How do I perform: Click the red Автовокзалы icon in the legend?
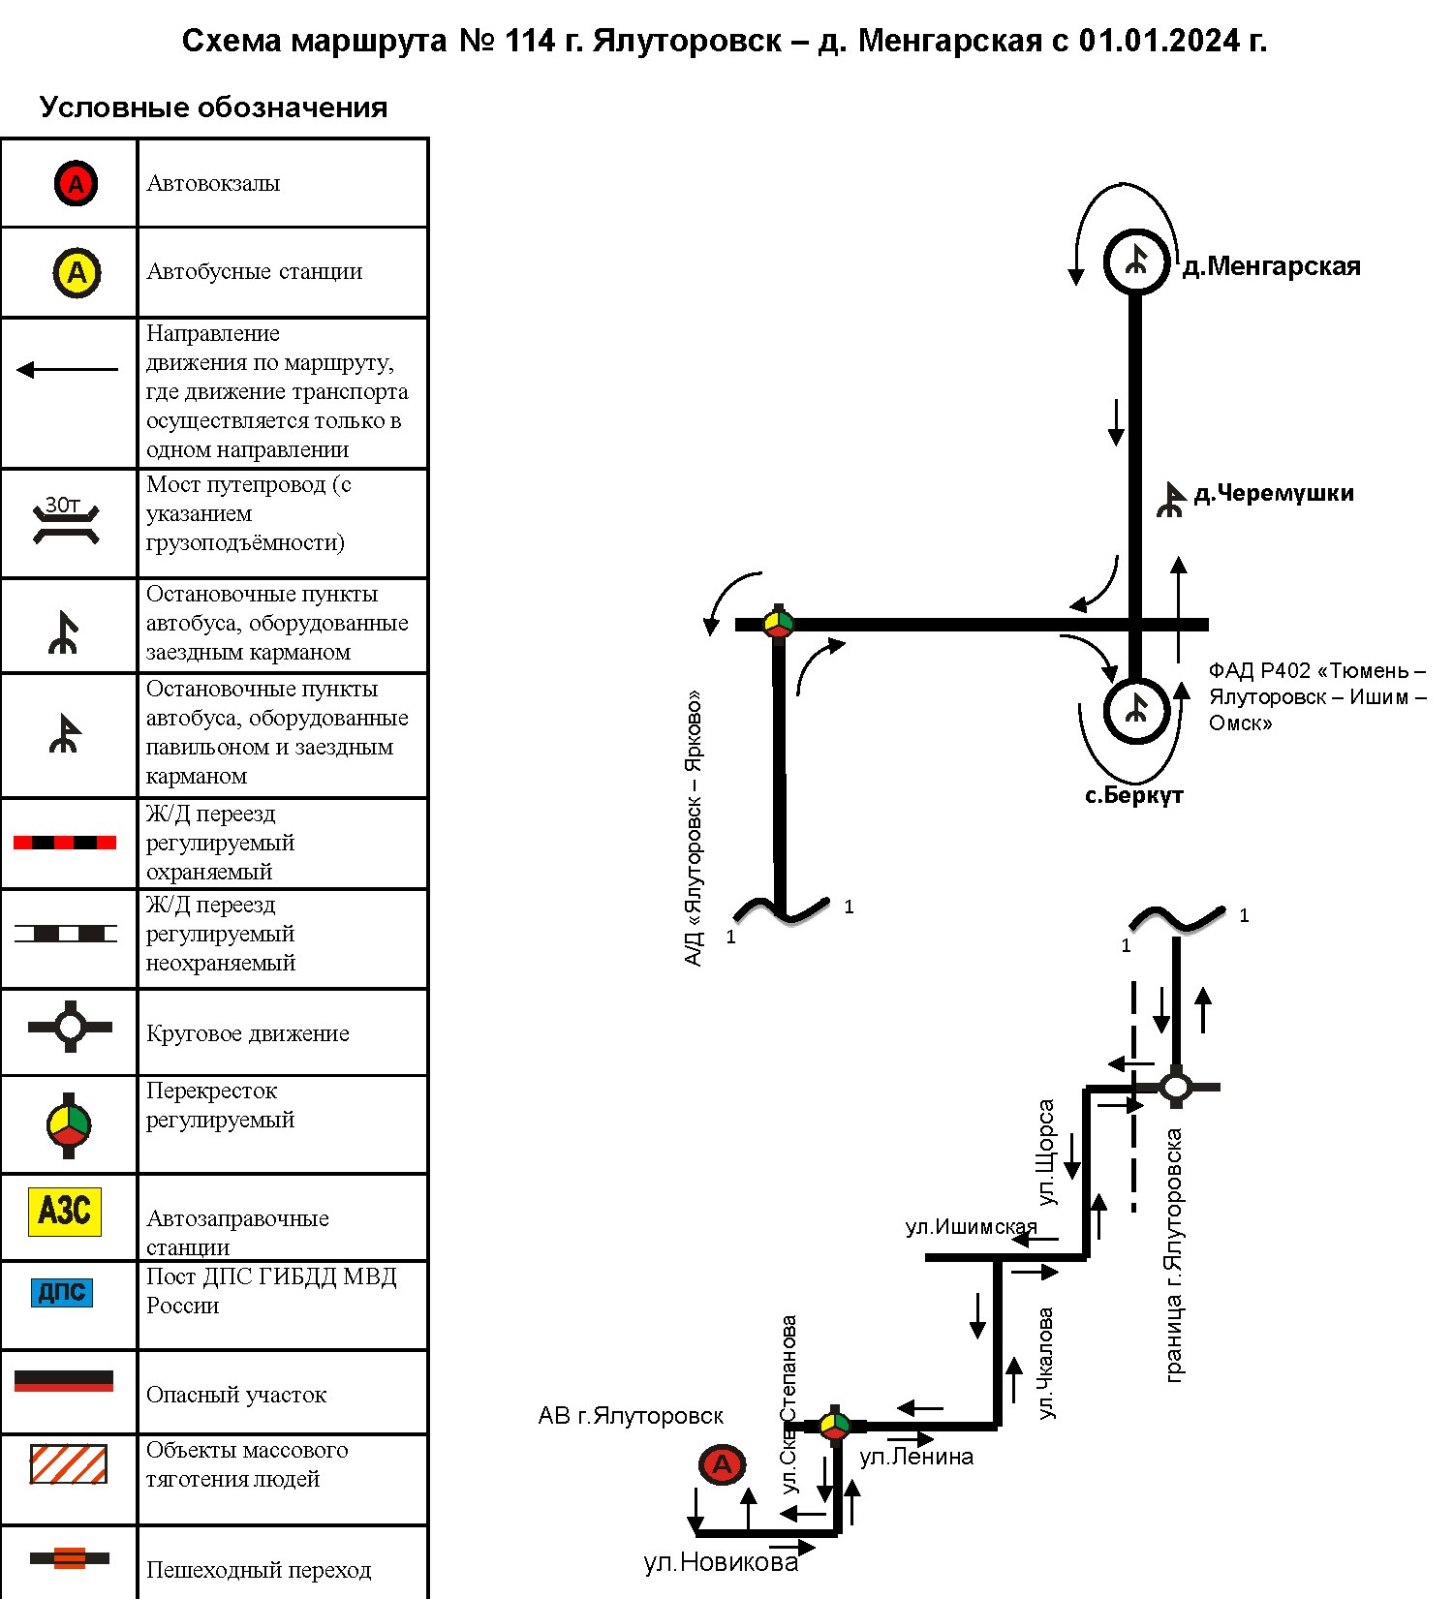tap(76, 183)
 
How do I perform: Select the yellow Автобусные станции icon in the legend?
tap(77, 272)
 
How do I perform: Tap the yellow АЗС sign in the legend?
tap(65, 1211)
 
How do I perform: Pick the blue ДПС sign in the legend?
tap(63, 1292)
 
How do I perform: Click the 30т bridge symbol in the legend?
tap(66, 521)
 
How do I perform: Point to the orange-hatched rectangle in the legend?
tap(68, 1464)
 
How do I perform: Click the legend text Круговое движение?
tap(248, 1033)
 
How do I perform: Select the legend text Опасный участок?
tap(236, 1395)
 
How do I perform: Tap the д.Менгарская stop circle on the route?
tap(1136, 261)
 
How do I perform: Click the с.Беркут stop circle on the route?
tap(1136, 711)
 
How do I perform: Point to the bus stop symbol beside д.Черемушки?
tap(1171, 500)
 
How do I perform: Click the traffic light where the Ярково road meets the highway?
tap(779, 624)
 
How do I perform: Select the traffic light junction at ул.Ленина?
tap(834, 1426)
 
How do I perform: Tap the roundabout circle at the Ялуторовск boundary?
tap(1175, 1087)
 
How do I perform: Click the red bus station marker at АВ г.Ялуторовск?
tap(723, 1464)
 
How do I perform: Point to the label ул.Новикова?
tap(721, 1562)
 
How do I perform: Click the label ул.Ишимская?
tap(971, 1227)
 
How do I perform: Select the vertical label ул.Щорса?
tap(1045, 1153)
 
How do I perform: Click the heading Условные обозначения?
tap(213, 108)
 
